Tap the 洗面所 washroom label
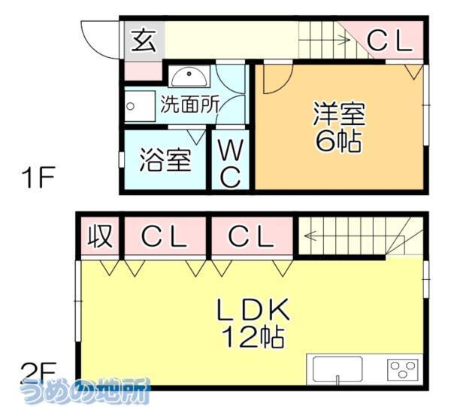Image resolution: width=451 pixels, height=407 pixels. pos(189,103)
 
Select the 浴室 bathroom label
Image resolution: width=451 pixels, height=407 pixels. pos(165,160)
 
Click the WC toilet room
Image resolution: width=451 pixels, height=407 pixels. pos(229,163)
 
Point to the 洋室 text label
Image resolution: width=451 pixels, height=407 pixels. pos(338,114)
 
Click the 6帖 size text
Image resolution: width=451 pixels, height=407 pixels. pos(338,141)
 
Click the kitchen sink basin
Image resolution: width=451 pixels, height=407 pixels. pos(337,369)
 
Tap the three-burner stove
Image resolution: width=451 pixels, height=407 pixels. pos(403,369)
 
